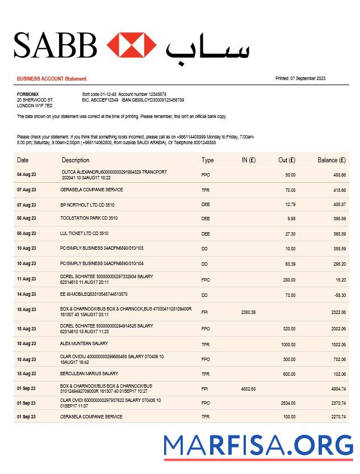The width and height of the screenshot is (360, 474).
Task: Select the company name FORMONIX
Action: coord(28,94)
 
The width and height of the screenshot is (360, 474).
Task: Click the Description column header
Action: coord(76,160)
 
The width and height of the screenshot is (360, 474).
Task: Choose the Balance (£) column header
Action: coord(331,160)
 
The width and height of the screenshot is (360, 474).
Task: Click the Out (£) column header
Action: coord(287,160)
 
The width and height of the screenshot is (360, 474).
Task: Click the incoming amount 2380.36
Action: coord(248,312)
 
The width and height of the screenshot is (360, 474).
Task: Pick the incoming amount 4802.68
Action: coord(248,388)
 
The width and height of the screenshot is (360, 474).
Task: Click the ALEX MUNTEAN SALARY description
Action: coord(84,343)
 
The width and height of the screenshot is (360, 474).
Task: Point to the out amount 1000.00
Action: coord(288,345)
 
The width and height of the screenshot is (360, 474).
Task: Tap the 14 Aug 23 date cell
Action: coord(26,295)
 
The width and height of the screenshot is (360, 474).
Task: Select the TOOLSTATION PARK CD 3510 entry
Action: coord(89,218)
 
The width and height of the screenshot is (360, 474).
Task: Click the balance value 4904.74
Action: coord(338,388)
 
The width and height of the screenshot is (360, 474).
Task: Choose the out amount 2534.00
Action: coord(288,403)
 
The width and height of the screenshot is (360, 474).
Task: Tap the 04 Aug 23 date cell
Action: coord(26,175)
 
